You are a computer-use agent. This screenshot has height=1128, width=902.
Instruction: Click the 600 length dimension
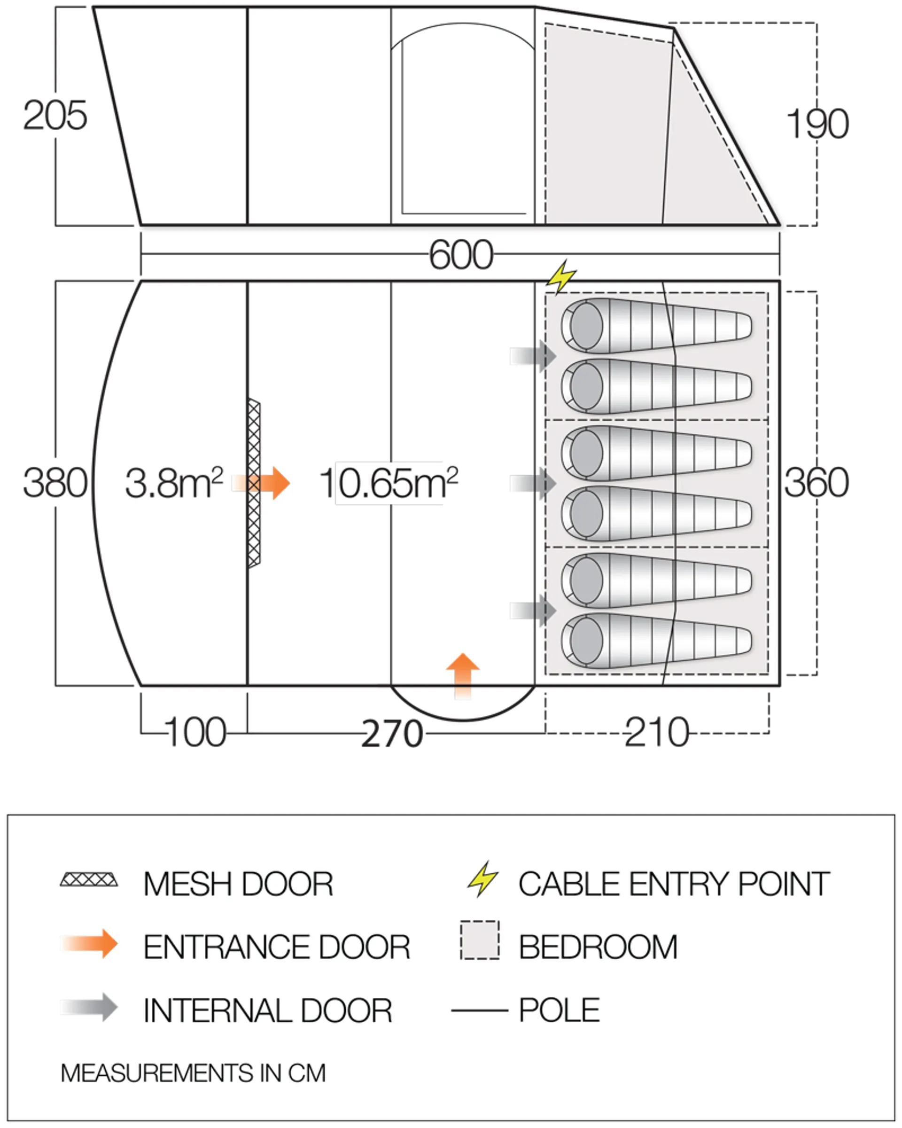461,255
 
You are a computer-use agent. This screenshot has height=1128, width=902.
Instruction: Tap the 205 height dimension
55,115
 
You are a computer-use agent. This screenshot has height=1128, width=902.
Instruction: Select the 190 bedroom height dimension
817,124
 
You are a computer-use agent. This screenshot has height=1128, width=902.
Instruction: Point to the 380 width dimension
55,482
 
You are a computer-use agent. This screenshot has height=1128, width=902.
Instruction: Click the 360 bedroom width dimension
816,482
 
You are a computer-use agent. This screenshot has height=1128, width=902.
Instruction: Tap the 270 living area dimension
392,734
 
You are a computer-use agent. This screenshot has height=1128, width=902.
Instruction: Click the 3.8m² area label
174,483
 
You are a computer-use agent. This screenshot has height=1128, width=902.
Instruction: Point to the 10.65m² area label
389,483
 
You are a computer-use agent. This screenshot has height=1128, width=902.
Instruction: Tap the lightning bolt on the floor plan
561,276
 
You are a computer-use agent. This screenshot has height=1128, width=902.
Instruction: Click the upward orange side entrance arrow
463,676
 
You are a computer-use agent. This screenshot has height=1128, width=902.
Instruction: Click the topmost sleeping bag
657,325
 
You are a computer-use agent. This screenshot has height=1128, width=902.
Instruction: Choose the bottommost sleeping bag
657,641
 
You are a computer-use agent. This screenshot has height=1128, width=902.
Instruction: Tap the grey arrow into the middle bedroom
533,484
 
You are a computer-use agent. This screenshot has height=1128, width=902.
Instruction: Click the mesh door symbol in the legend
89,879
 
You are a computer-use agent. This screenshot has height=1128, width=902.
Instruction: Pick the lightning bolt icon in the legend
482,879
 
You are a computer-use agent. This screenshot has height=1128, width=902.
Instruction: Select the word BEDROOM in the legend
598,947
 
